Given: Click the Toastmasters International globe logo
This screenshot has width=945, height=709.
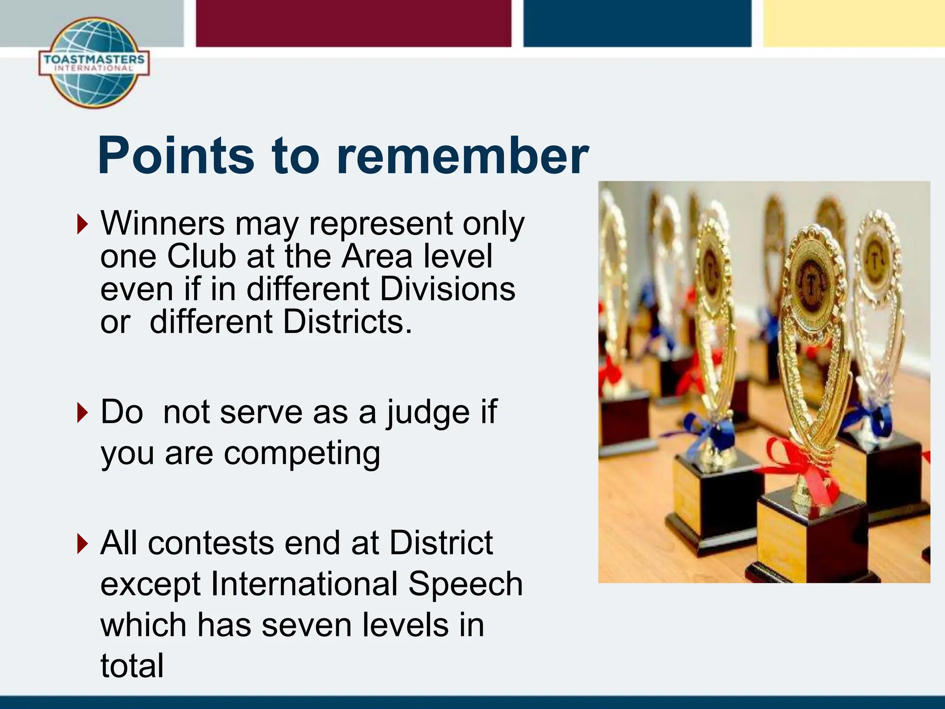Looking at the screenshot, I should (x=94, y=63).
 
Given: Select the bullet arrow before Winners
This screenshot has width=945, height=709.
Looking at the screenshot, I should (x=82, y=224).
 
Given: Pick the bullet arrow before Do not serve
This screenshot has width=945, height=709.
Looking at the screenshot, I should (x=82, y=412).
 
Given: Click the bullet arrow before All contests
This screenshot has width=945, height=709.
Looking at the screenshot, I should (x=82, y=543).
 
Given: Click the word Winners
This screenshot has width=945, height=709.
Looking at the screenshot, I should (x=162, y=223).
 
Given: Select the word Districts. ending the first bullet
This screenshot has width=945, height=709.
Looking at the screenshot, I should (x=347, y=322).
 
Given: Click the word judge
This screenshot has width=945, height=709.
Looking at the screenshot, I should (x=428, y=412).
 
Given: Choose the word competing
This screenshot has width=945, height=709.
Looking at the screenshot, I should (x=302, y=454).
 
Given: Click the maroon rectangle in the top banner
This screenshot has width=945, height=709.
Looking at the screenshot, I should (x=353, y=23).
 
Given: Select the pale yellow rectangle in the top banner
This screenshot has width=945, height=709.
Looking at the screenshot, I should (x=854, y=23).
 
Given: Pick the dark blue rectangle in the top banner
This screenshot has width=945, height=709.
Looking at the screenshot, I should (x=637, y=23).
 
